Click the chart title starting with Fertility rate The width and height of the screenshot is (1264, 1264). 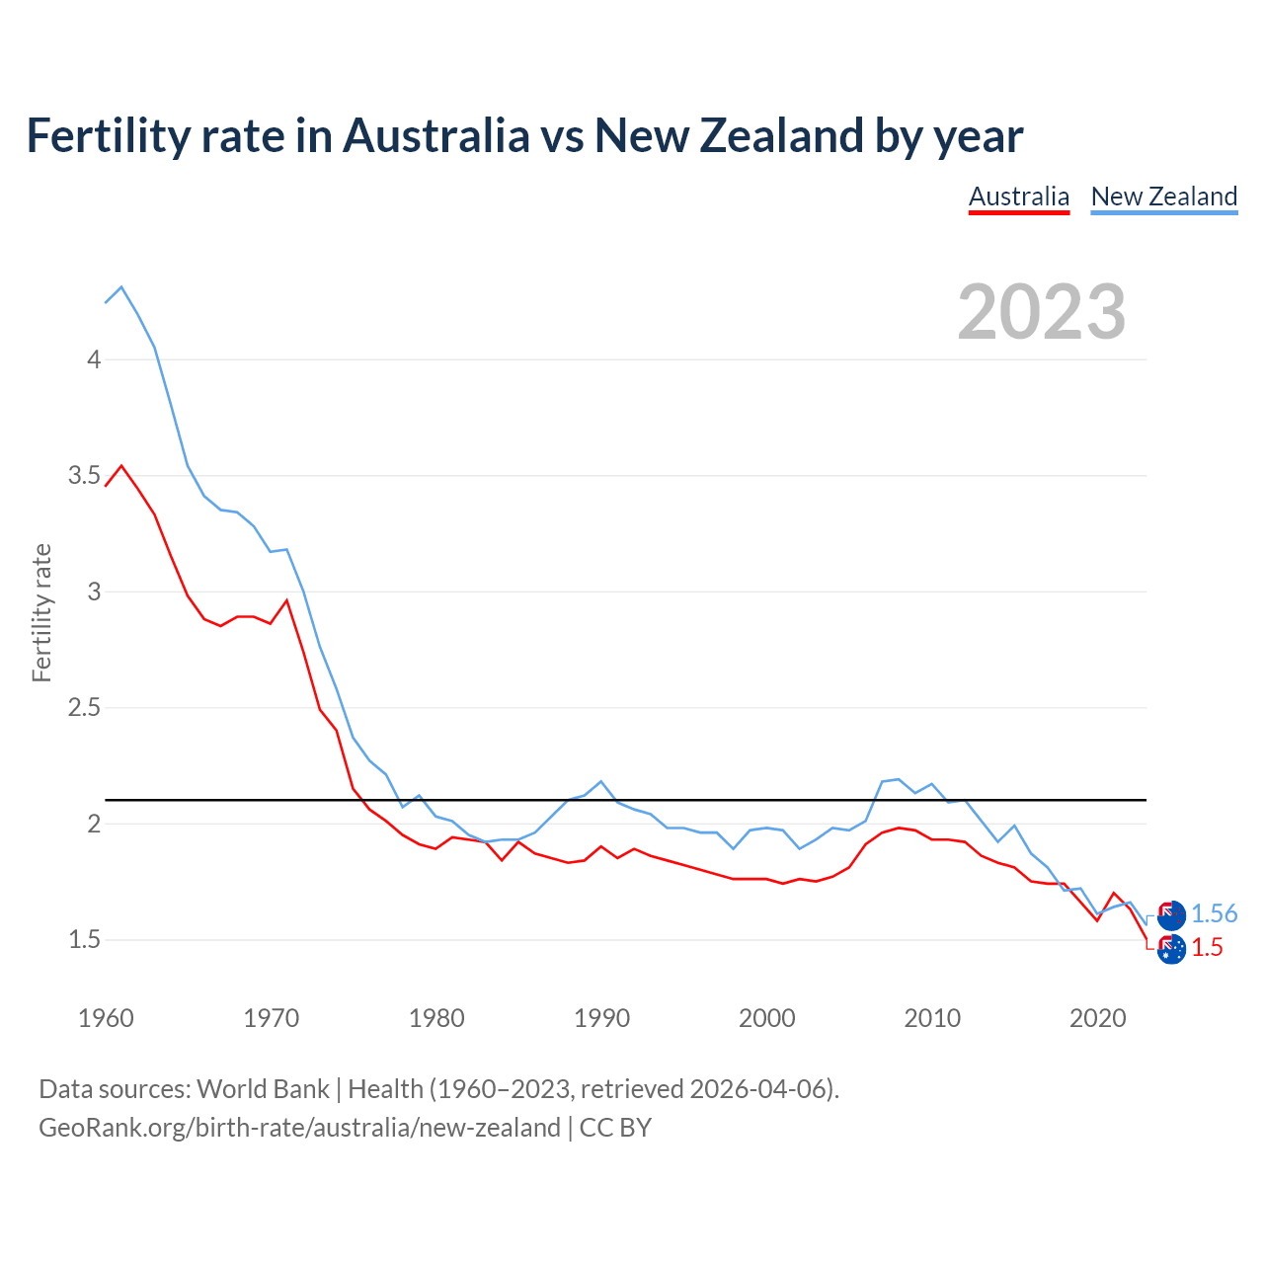pyautogui.click(x=524, y=135)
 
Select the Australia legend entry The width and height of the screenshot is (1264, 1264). pyautogui.click(x=1018, y=197)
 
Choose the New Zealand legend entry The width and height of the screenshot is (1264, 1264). pyautogui.click(x=1163, y=197)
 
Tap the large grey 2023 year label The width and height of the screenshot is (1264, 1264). pyautogui.click(x=1042, y=312)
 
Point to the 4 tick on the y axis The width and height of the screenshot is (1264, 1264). pyautogui.click(x=94, y=359)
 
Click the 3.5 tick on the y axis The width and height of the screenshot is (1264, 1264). pyautogui.click(x=85, y=476)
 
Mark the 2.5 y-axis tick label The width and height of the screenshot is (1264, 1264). pyautogui.click(x=85, y=708)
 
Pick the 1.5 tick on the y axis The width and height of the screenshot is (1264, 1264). pyautogui.click(x=85, y=940)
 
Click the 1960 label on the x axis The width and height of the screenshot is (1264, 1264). pyautogui.click(x=106, y=1018)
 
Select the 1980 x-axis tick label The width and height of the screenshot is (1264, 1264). pyautogui.click(x=436, y=1018)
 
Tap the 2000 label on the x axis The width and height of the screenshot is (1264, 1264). pyautogui.click(x=767, y=1018)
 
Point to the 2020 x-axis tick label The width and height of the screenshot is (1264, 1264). pyautogui.click(x=1098, y=1018)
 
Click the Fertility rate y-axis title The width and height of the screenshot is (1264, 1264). pyautogui.click(x=41, y=612)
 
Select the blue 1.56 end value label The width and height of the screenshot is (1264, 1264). pyautogui.click(x=1214, y=914)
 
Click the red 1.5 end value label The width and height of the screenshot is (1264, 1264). pyautogui.click(x=1207, y=948)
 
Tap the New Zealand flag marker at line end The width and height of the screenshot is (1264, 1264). pyautogui.click(x=1171, y=915)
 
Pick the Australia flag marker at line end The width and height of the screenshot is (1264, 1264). pyautogui.click(x=1171, y=949)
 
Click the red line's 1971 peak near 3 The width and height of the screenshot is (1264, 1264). pyautogui.click(x=287, y=600)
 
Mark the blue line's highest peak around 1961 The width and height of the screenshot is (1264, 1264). pyautogui.click(x=121, y=287)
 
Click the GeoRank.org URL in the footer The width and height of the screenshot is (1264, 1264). pyautogui.click(x=299, y=1128)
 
